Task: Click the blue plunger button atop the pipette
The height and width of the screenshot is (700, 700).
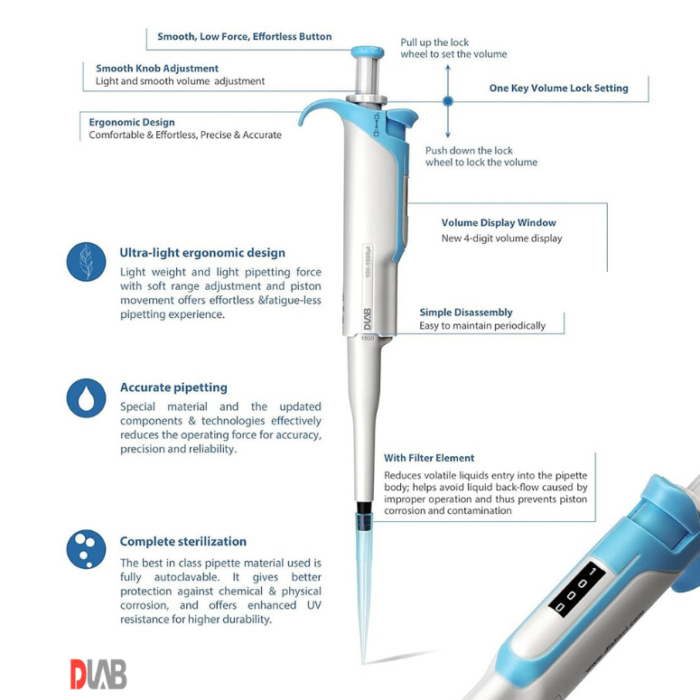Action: (x=367, y=52)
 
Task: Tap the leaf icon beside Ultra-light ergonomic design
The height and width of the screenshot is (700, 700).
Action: (x=86, y=262)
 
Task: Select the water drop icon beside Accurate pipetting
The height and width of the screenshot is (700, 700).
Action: (x=86, y=397)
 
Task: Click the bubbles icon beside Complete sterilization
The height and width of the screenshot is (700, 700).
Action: (x=86, y=549)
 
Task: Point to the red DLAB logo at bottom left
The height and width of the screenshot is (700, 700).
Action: (x=98, y=674)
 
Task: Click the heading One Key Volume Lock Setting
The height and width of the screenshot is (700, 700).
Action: (x=558, y=88)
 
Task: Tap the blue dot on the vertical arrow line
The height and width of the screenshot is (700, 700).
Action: (x=448, y=101)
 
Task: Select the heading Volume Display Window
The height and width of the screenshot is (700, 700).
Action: (x=499, y=222)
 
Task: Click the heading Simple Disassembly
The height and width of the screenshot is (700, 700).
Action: (x=466, y=312)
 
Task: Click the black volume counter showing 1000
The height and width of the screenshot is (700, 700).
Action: (x=576, y=589)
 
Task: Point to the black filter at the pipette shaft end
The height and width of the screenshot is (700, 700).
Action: (x=365, y=508)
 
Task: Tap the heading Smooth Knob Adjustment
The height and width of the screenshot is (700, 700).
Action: (x=157, y=69)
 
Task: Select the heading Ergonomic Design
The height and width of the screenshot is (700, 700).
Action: (x=132, y=122)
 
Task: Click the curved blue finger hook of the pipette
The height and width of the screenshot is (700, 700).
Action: (x=318, y=108)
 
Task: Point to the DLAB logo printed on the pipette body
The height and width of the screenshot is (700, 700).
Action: (x=368, y=320)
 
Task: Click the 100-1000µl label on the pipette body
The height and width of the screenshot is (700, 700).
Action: (x=368, y=261)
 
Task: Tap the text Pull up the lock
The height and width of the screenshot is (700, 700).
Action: (x=434, y=42)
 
